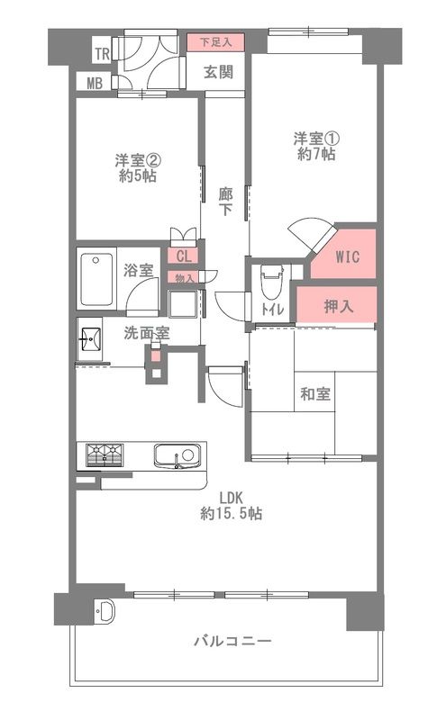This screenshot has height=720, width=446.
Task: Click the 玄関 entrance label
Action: (x=218, y=73)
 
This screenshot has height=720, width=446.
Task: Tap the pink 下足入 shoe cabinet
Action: (x=216, y=41)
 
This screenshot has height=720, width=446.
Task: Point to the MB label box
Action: (x=95, y=84)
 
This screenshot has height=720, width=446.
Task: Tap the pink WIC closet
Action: (x=347, y=256)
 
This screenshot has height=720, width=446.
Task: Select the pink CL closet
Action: (x=184, y=256)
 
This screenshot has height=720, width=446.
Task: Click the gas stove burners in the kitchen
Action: (x=107, y=455)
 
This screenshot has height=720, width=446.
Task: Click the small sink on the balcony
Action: (x=104, y=613)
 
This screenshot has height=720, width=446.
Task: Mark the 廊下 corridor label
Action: (x=225, y=201)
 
